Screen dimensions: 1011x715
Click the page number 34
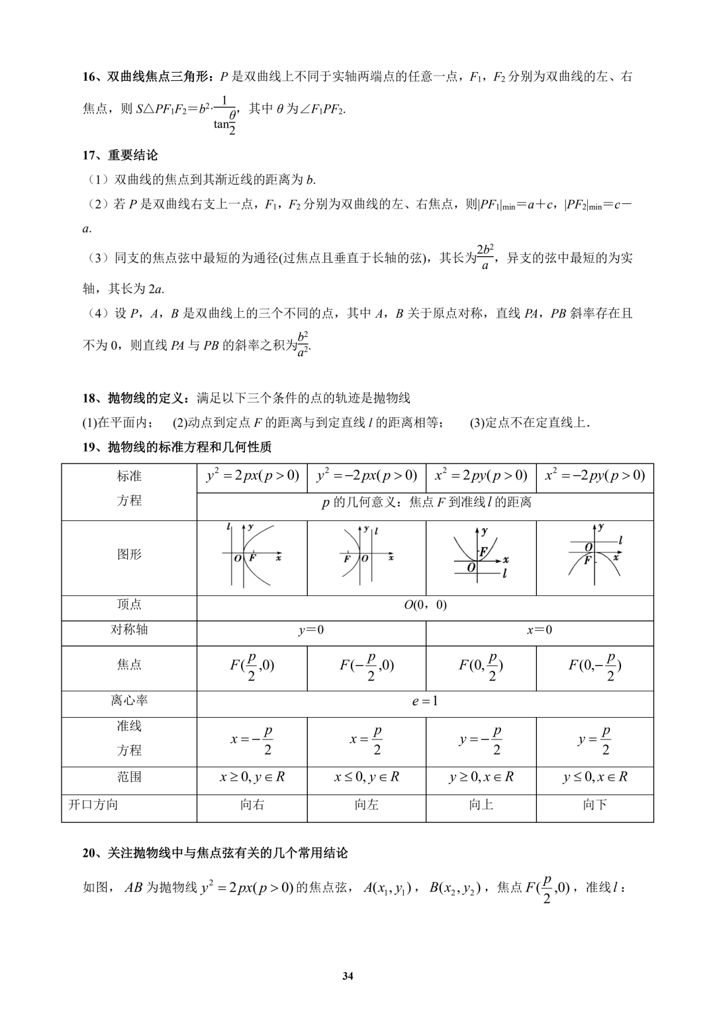click(x=348, y=976)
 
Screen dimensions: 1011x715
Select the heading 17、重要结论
click(x=120, y=156)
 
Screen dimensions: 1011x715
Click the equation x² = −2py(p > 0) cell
click(x=595, y=475)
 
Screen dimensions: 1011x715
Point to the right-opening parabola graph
click(x=252, y=555)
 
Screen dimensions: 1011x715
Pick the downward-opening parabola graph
click(x=595, y=555)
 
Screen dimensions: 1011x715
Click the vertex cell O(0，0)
click(x=425, y=604)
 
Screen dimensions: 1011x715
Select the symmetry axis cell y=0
click(x=311, y=630)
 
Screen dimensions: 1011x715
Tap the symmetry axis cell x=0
click(x=539, y=630)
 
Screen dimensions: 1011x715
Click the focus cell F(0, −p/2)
click(x=595, y=667)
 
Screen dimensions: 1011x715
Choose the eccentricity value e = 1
click(x=425, y=701)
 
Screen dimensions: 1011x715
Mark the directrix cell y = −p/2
click(x=481, y=740)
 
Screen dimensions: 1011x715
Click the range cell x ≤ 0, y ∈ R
click(x=366, y=777)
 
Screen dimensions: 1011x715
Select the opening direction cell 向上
click(x=481, y=805)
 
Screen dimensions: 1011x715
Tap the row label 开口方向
click(x=93, y=805)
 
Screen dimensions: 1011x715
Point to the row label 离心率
click(x=129, y=700)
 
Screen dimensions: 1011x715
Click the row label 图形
click(x=129, y=555)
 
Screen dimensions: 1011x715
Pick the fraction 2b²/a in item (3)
click(x=485, y=257)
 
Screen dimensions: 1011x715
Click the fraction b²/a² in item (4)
click(x=303, y=344)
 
